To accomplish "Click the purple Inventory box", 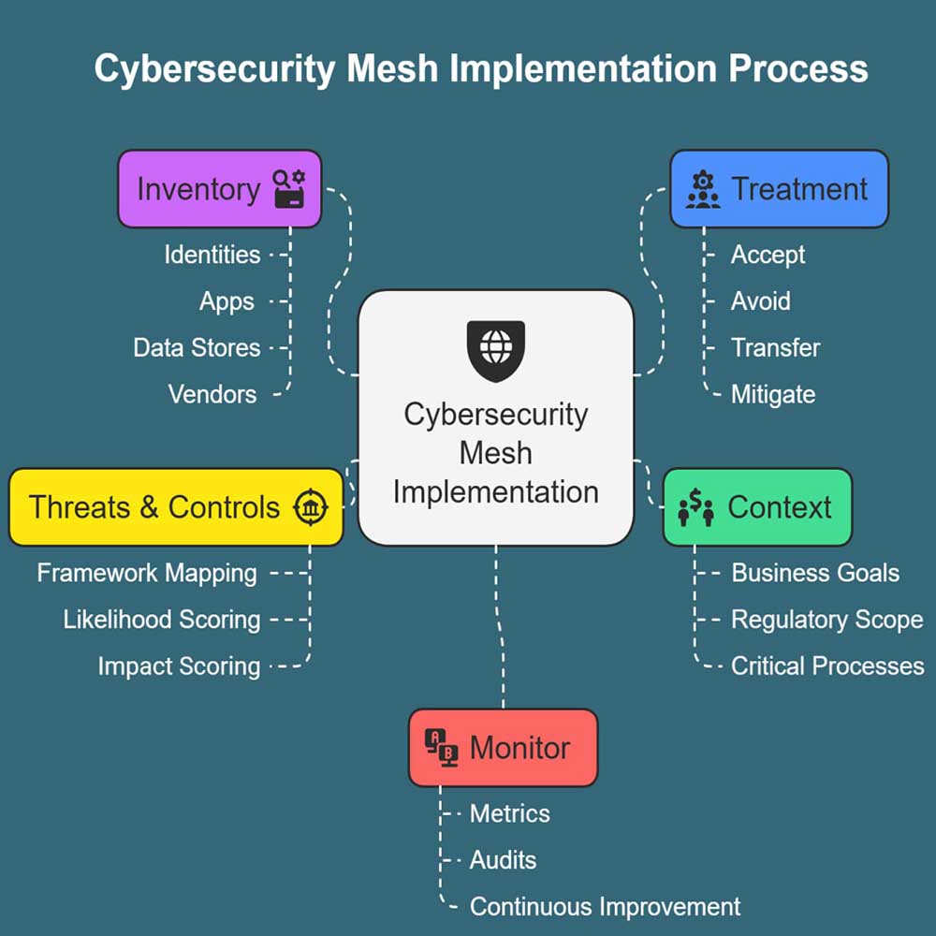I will point(219,189).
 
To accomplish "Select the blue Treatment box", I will point(779,189).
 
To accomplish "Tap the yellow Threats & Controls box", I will point(176,507).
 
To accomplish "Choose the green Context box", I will point(757,507).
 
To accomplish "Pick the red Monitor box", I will point(503,748).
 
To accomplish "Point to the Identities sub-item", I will point(212,255).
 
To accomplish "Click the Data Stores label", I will point(197,348).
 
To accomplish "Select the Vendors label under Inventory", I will point(212,394).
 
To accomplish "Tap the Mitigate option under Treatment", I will point(773,394).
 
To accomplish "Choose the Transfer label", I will point(775,348).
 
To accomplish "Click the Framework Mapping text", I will point(147,573).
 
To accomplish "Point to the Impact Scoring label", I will point(179,666).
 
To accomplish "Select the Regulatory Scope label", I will point(826,620).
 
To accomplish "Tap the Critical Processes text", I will point(827,666).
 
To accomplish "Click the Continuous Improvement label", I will point(605,907).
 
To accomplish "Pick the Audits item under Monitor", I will point(503,860).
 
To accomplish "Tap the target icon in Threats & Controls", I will point(310,507).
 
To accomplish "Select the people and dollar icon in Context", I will point(695,508).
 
